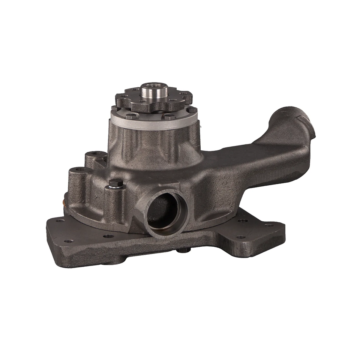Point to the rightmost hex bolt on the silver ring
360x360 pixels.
pos(191,109)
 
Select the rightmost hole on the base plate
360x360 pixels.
pos(269,225)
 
